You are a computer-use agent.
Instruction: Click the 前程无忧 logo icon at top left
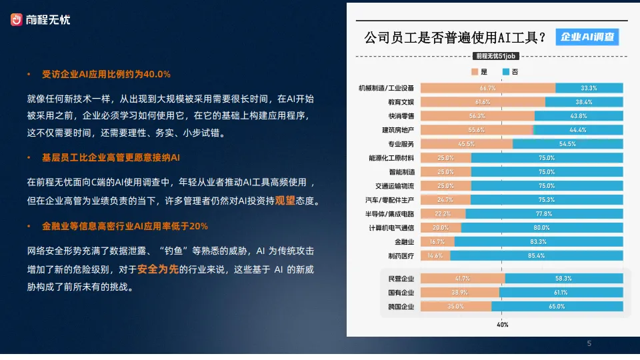[x=17, y=20]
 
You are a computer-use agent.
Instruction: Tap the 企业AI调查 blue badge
[x=587, y=37]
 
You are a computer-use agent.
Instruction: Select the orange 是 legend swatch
[x=475, y=71]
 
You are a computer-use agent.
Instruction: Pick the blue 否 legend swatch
[x=506, y=71]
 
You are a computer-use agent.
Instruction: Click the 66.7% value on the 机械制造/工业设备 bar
[x=487, y=88]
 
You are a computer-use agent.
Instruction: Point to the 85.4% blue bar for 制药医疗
[x=537, y=256]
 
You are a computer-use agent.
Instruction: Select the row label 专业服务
[x=397, y=144]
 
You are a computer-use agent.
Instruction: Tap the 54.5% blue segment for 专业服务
[x=567, y=144]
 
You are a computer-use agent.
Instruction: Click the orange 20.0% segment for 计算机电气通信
[x=440, y=228]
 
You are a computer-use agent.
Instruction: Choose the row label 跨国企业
[x=401, y=307]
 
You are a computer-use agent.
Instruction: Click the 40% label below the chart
[x=502, y=325]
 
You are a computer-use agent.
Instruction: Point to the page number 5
[x=589, y=344]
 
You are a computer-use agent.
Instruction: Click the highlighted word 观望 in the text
[x=285, y=200]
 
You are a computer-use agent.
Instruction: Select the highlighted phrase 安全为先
[x=158, y=270]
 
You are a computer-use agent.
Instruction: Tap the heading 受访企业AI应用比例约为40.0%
[x=107, y=74]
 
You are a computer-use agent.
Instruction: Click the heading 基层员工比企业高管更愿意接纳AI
[x=111, y=158]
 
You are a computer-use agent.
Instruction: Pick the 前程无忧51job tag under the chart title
[x=495, y=56]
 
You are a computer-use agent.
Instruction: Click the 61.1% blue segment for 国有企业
[x=561, y=293]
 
